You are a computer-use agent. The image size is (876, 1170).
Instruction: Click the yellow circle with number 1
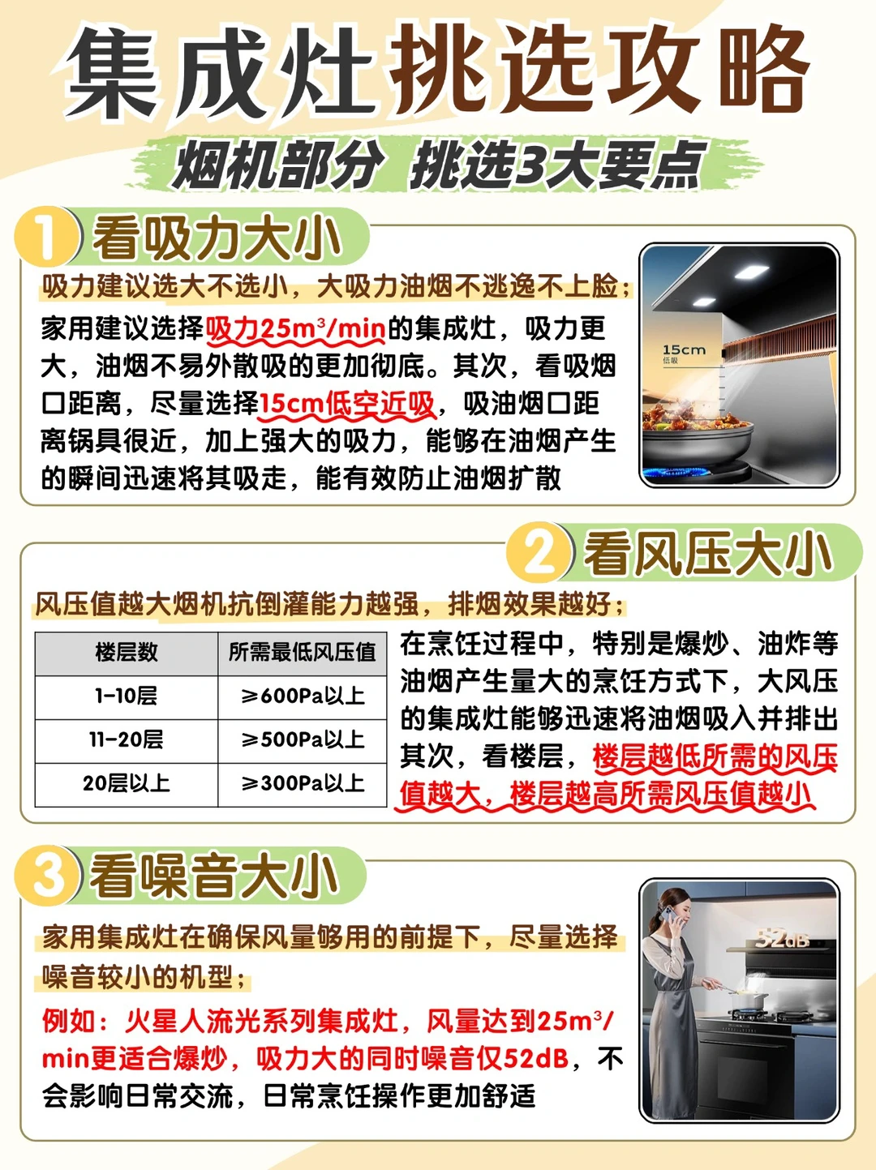coord(47,236)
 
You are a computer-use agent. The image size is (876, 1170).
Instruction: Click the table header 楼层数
coord(127,653)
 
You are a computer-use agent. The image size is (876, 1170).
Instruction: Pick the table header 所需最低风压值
coord(303,653)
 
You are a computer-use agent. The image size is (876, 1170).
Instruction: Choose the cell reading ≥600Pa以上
coord(303,696)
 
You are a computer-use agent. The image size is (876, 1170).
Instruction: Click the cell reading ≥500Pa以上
coord(303,740)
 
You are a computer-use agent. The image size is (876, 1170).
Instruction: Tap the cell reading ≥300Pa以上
coord(303,784)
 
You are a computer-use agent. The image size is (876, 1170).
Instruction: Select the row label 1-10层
coord(127,696)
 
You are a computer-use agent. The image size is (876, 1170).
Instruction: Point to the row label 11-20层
coord(127,740)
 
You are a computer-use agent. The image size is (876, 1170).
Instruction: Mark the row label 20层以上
coord(127,784)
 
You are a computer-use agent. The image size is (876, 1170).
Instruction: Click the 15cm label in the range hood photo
coord(684,349)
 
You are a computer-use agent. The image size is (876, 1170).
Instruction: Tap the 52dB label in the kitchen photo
coord(782,939)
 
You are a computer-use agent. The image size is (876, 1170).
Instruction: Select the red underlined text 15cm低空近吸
coord(347,404)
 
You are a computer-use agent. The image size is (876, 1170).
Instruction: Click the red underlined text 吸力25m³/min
coord(296,329)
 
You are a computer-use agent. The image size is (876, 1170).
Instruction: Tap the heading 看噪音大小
coord(214,876)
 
